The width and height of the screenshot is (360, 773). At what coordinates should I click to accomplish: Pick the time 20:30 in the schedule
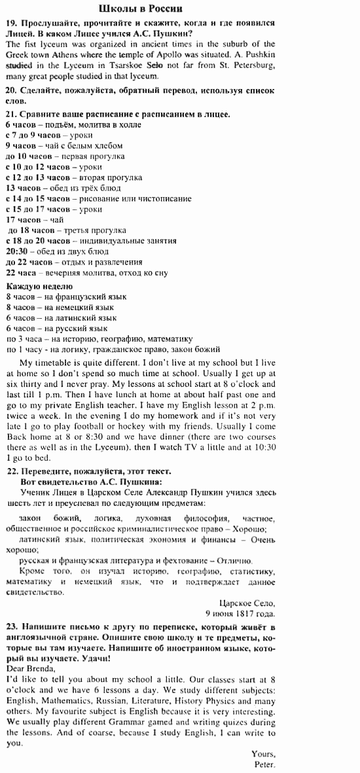click(x=16, y=251)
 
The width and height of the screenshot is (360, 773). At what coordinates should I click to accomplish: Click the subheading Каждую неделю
click(x=39, y=286)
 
